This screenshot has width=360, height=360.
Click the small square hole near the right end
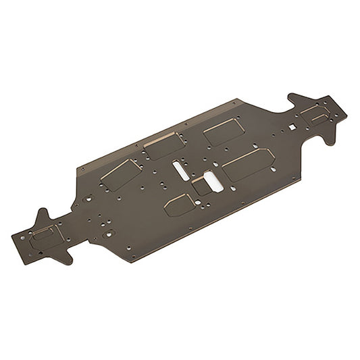pyautogui.click(x=292, y=127)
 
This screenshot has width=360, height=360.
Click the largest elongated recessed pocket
pyautogui.click(x=247, y=164)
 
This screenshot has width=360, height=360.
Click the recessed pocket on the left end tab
pyautogui.click(x=45, y=235)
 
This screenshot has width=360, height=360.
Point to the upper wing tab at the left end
pyautogui.click(x=42, y=215)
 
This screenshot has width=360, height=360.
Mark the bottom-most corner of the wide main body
pyautogui.click(x=132, y=261)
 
